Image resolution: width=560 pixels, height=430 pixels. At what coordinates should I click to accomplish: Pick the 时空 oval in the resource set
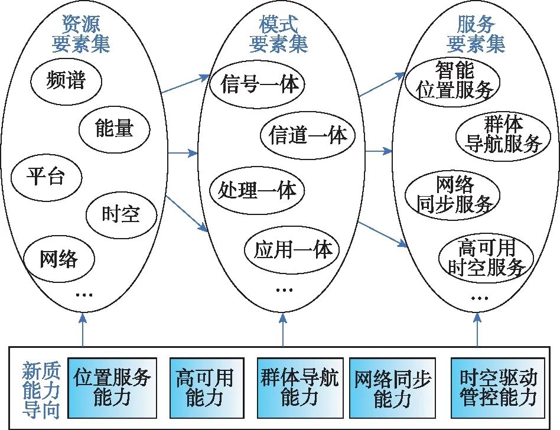coord(121,214)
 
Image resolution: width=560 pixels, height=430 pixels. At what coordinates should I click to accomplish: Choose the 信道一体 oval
coord(307,136)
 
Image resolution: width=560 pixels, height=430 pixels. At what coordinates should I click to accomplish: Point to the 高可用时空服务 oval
coord(486,259)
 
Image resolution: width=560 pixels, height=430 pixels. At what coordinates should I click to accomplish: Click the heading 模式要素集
coord(279,34)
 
